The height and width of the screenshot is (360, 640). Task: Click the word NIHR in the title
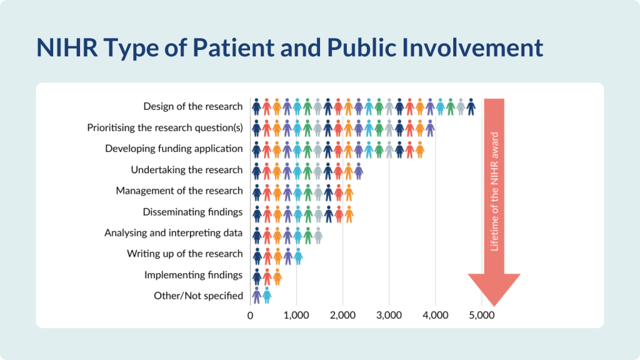(x=67, y=47)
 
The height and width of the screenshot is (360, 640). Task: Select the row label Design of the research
(x=192, y=106)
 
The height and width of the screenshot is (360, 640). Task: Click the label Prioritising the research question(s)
(x=165, y=127)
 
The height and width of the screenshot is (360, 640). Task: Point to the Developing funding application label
(x=174, y=149)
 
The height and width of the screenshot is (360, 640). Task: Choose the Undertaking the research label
(x=186, y=170)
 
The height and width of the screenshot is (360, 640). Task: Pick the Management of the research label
(x=179, y=191)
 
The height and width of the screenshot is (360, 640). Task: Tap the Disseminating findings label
(x=192, y=212)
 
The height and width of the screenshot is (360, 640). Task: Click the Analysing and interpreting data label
(x=174, y=233)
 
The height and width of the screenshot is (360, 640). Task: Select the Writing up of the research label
(x=185, y=254)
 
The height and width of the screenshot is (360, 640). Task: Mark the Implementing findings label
(x=194, y=275)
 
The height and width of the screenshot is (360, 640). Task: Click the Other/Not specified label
(x=198, y=296)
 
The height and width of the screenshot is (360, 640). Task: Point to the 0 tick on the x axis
(x=250, y=316)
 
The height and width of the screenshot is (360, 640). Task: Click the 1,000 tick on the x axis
(x=296, y=316)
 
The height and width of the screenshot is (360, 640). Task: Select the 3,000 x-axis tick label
(x=389, y=316)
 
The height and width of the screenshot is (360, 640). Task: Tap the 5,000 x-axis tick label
(x=482, y=316)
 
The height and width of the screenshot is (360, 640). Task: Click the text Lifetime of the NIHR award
(x=494, y=191)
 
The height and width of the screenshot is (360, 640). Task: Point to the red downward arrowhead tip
(x=494, y=306)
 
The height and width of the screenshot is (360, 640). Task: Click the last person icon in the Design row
(x=471, y=107)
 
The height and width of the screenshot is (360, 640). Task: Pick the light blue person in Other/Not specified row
(x=267, y=296)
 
